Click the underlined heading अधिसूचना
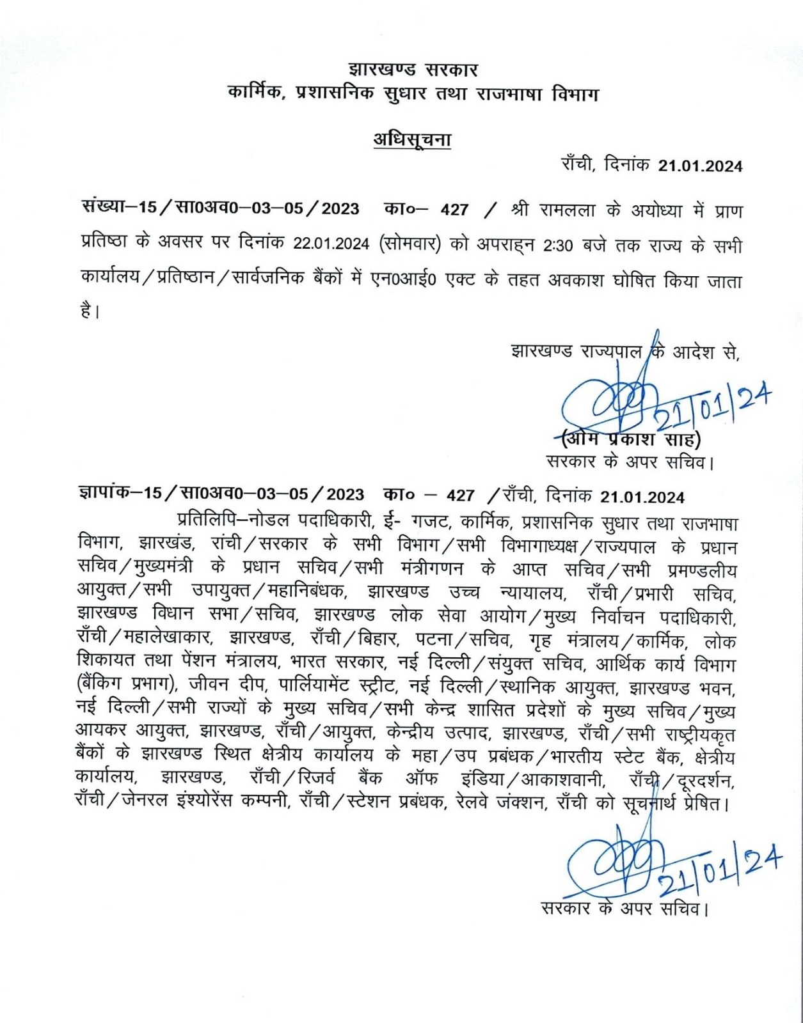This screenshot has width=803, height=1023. [412, 139]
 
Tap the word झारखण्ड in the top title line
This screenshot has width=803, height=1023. [381, 69]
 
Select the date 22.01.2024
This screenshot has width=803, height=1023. [331, 245]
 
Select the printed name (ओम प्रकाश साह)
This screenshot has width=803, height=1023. [630, 440]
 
